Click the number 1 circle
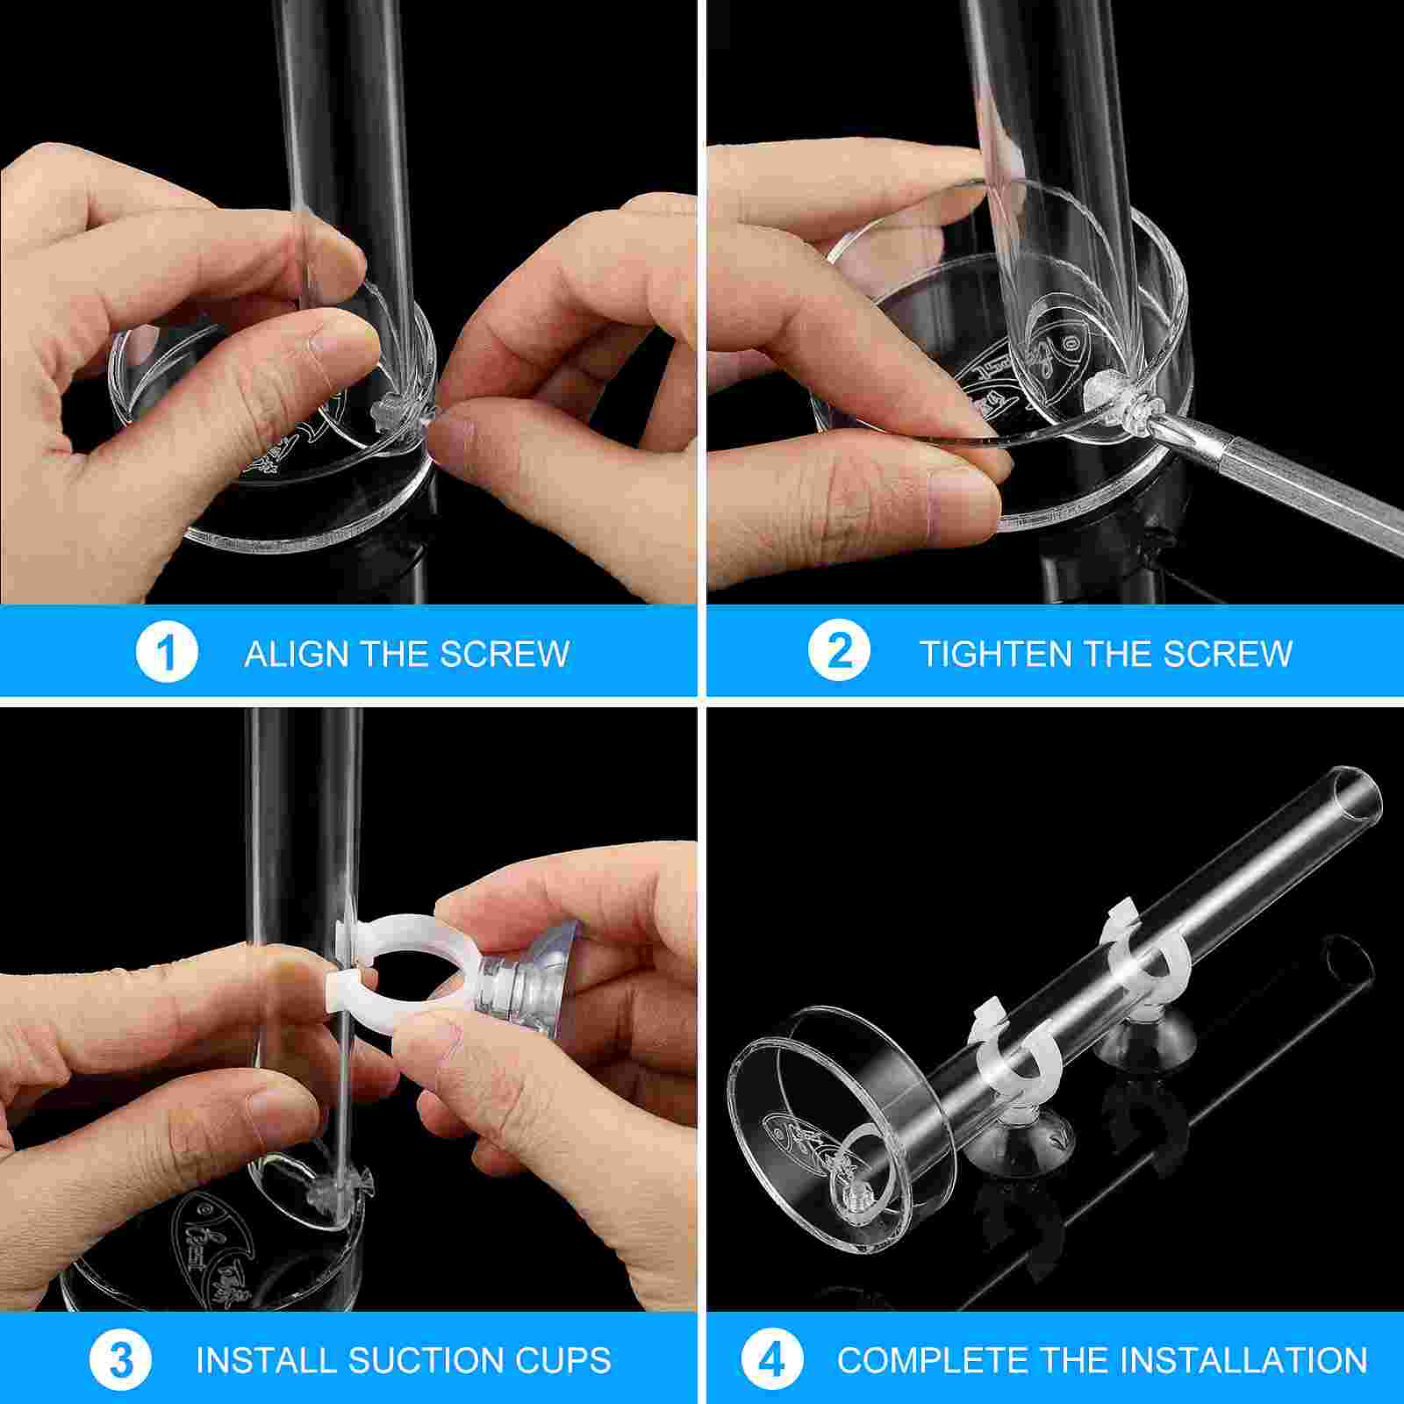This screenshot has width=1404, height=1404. pyautogui.click(x=167, y=652)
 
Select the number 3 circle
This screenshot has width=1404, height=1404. pyautogui.click(x=120, y=1361)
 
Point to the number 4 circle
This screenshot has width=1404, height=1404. pyautogui.click(x=772, y=1361)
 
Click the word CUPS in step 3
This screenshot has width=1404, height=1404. pyautogui.click(x=566, y=1361)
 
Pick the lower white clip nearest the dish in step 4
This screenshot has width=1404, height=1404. pyautogui.click(x=1009, y=1044)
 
